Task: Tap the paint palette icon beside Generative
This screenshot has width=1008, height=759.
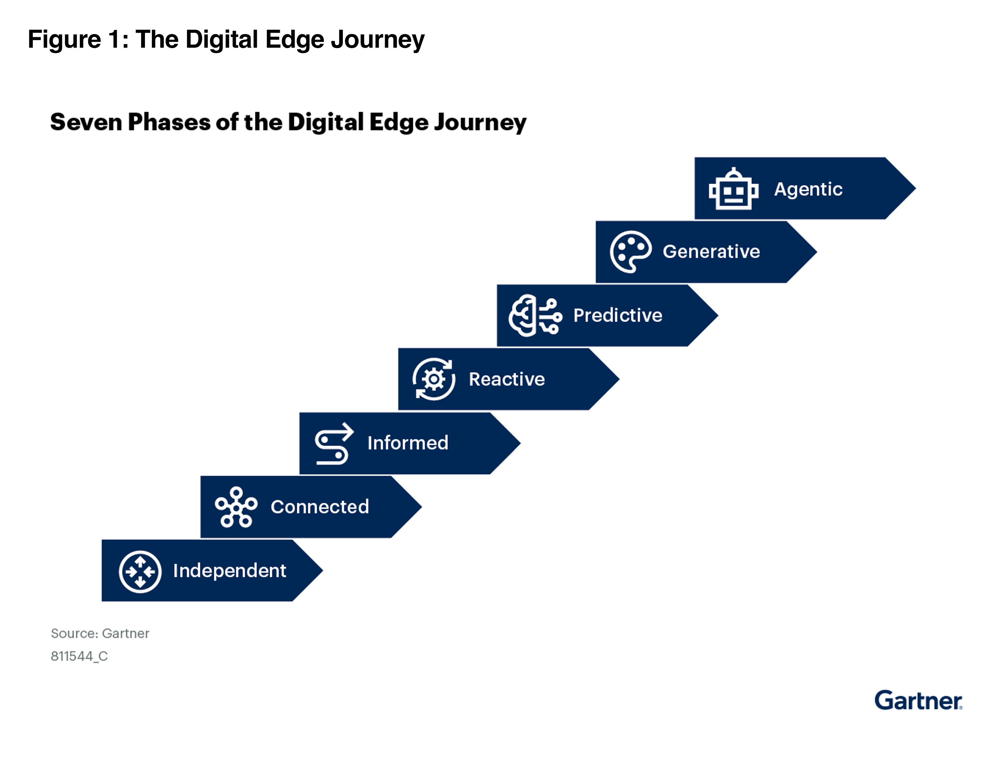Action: point(631,252)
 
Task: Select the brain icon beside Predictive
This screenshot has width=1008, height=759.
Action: point(535,315)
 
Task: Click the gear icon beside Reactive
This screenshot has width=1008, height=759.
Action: point(434,379)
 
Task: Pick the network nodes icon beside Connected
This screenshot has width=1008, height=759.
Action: point(236,507)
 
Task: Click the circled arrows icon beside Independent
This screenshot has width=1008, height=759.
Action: point(140,571)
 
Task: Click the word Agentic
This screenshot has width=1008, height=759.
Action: point(808,189)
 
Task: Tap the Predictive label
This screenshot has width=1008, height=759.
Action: point(617,315)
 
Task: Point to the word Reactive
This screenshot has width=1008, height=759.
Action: point(507,379)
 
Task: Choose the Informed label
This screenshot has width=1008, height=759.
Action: point(408,443)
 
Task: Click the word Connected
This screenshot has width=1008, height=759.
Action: point(320,506)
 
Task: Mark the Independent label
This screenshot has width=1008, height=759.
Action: point(229,571)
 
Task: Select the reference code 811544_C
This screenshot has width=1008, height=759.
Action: point(79,656)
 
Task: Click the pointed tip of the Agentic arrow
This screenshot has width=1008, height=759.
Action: point(916,188)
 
